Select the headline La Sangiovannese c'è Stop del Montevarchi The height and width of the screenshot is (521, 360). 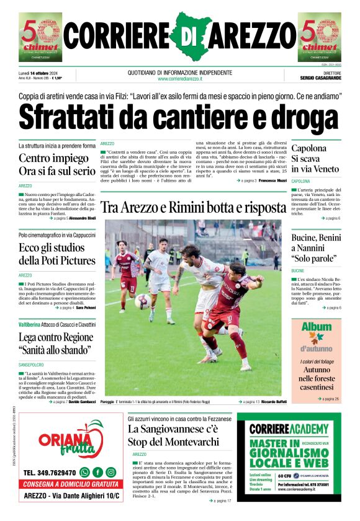[173, 435]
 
